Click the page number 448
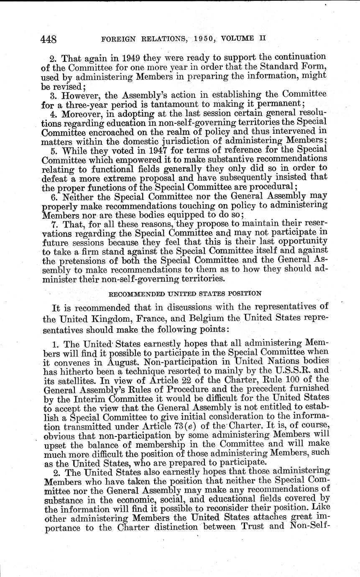coord(49,39)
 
